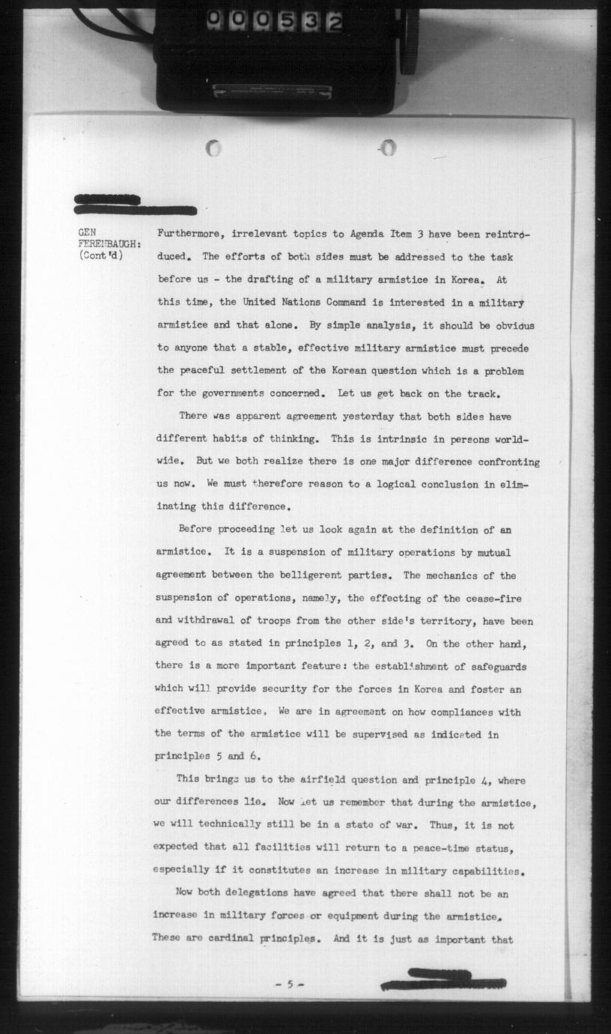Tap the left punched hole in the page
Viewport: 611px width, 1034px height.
click(x=214, y=148)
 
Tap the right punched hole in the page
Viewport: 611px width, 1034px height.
click(x=387, y=148)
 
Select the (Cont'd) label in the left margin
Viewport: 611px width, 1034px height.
click(x=100, y=257)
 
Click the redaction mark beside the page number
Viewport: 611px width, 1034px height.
click(x=443, y=979)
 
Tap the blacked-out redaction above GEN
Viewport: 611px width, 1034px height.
click(x=135, y=205)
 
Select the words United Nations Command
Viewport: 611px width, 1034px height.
click(x=300, y=303)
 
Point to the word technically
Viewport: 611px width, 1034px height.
click(x=224, y=825)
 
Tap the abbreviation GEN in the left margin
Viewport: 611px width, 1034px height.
click(x=88, y=233)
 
